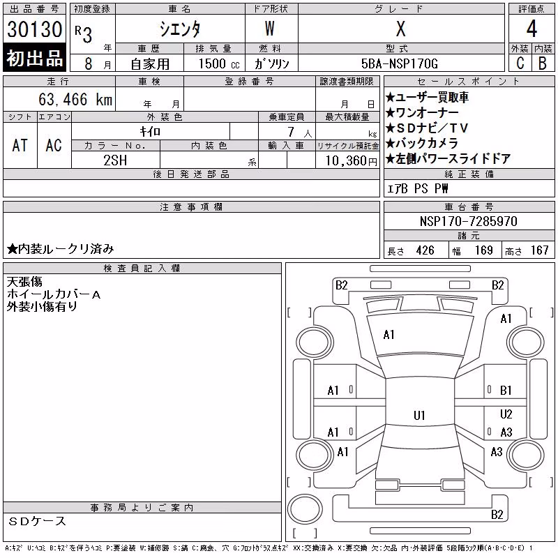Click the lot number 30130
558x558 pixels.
tap(34, 29)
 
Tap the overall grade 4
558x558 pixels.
tap(531, 29)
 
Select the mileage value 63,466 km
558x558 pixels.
tap(75, 99)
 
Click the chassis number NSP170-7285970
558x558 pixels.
tap(468, 221)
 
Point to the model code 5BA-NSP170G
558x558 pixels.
tap(400, 63)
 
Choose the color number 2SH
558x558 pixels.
tap(115, 160)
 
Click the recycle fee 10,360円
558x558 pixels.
tap(352, 161)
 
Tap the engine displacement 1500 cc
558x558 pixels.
tap(219, 63)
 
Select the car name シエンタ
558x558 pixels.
tap(180, 29)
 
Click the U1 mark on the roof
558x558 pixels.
tap(419, 415)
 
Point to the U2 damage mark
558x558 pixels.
tap(506, 414)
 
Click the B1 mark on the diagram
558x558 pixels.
tap(505, 391)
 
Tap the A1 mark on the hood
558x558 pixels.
tap(389, 335)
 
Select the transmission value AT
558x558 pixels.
tap(20, 145)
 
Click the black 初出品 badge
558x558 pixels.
tap(34, 58)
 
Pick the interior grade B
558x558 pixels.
tap(543, 63)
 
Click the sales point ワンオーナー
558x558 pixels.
tap(423, 113)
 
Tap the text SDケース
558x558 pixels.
tap(38, 521)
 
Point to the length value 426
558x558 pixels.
tap(425, 250)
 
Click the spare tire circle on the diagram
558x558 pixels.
tap(305, 508)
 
